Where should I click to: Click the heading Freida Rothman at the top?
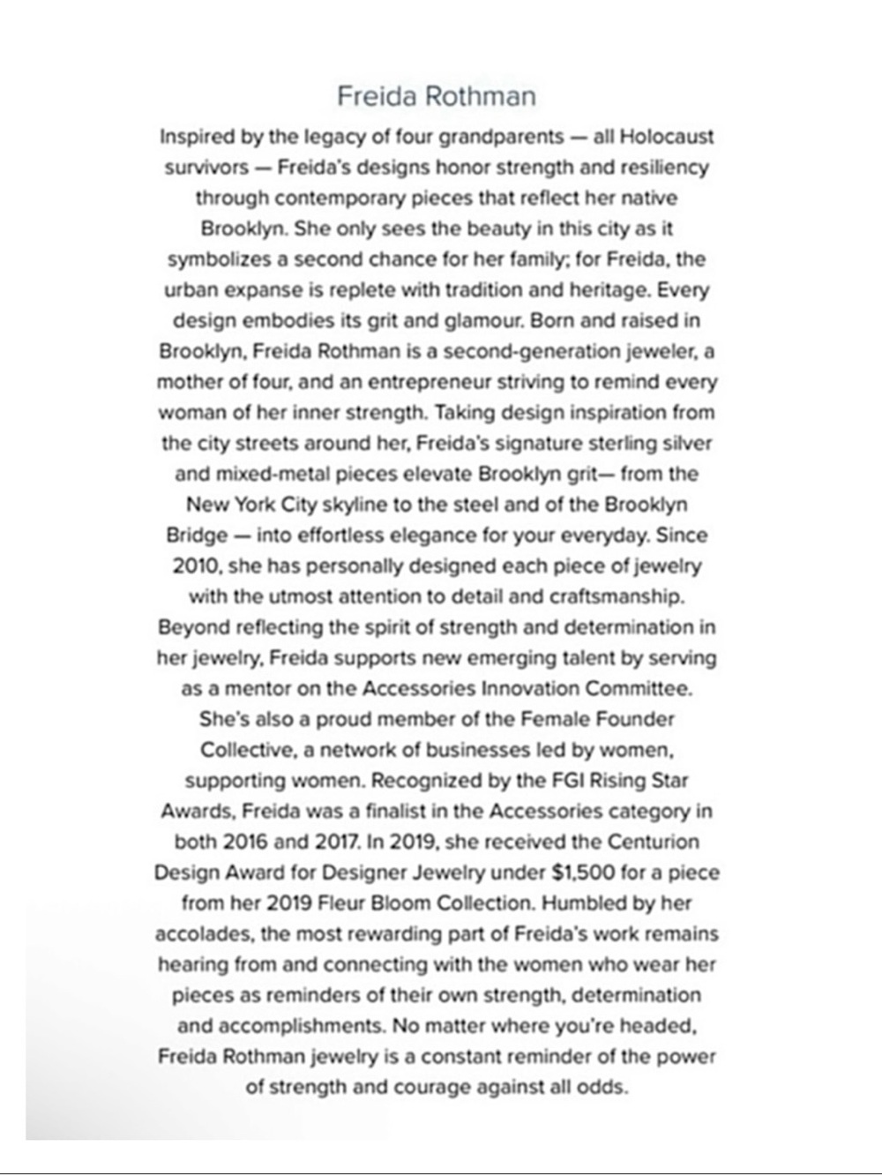437,95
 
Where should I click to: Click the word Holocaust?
667,137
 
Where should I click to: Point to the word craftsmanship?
617,596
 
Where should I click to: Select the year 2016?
243,842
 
